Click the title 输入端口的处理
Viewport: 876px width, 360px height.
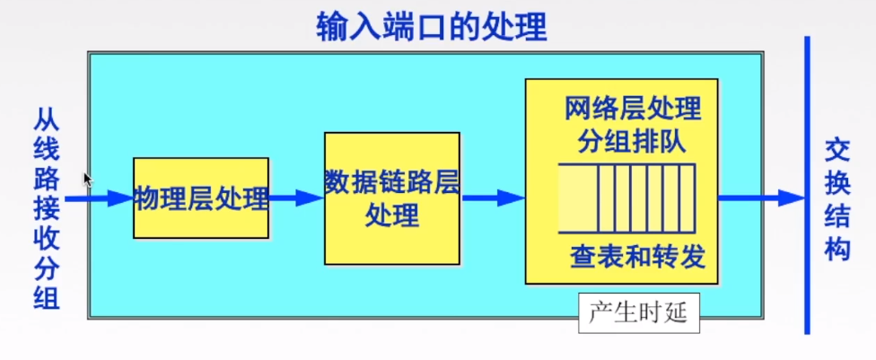(432, 27)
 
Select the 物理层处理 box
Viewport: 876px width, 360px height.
(201, 198)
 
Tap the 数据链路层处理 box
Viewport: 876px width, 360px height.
(392, 198)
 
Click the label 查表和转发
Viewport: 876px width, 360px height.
(637, 259)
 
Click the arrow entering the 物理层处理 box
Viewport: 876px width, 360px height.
(99, 198)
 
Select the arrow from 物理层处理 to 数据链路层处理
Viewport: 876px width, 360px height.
(296, 198)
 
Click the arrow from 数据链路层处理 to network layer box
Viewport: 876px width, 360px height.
(492, 198)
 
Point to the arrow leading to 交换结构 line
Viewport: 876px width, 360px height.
(758, 198)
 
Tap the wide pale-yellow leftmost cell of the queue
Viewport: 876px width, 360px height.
(578, 198)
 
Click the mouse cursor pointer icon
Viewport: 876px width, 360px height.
(87, 180)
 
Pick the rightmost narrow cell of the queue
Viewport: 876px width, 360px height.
(687, 198)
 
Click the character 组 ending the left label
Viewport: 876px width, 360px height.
(48, 298)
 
